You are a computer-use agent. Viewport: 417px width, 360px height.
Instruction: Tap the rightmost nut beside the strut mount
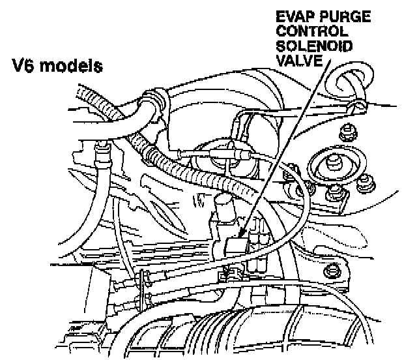coord(370,179)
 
